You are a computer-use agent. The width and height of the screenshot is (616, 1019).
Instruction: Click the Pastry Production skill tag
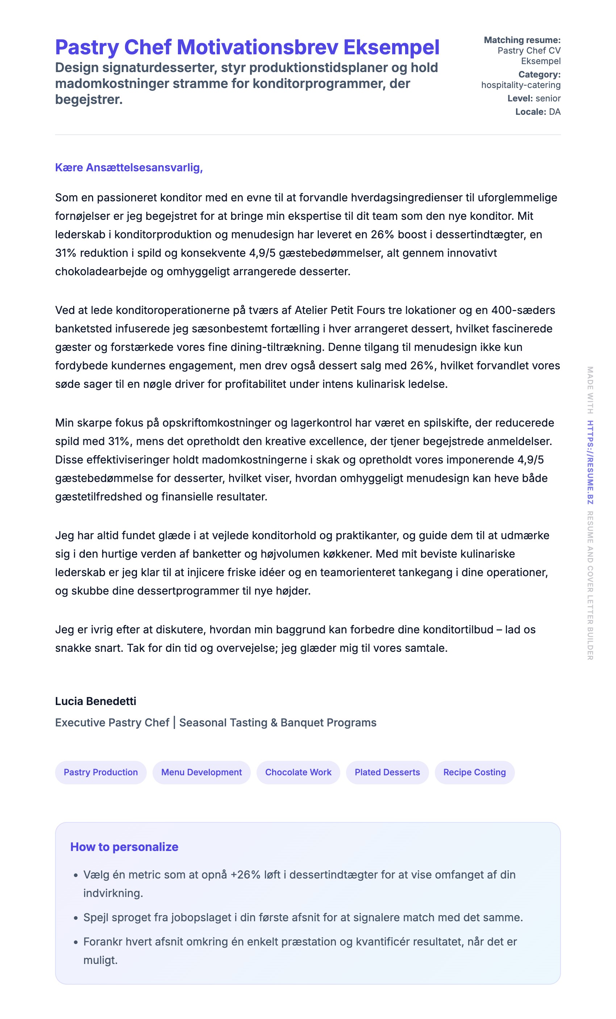[x=100, y=772]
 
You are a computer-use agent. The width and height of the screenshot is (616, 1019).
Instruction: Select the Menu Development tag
[x=201, y=772]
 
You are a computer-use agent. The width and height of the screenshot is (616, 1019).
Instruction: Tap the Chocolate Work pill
[x=298, y=772]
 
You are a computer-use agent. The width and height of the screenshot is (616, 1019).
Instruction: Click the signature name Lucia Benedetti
[x=96, y=701]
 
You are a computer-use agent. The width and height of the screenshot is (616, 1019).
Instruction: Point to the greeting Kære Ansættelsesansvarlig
[x=129, y=168]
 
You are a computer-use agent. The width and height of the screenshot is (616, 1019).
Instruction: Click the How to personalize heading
[x=124, y=847]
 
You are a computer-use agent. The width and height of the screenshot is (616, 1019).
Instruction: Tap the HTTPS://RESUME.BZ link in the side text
[x=590, y=462]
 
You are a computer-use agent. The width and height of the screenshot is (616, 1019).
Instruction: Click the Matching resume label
[x=522, y=40]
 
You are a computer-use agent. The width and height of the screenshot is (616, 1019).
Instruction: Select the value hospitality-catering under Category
[x=520, y=85]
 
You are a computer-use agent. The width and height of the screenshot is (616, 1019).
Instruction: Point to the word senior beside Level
[x=548, y=98]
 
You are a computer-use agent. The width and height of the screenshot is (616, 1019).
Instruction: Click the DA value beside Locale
[x=554, y=112]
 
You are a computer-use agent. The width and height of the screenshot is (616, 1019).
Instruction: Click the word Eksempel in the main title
[x=391, y=47]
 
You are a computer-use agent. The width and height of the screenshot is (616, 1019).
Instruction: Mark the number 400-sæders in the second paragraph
[x=523, y=310]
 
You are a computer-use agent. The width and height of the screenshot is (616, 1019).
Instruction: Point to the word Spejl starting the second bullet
[x=96, y=917]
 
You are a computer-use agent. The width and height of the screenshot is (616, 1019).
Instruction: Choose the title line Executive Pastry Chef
[x=112, y=722]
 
